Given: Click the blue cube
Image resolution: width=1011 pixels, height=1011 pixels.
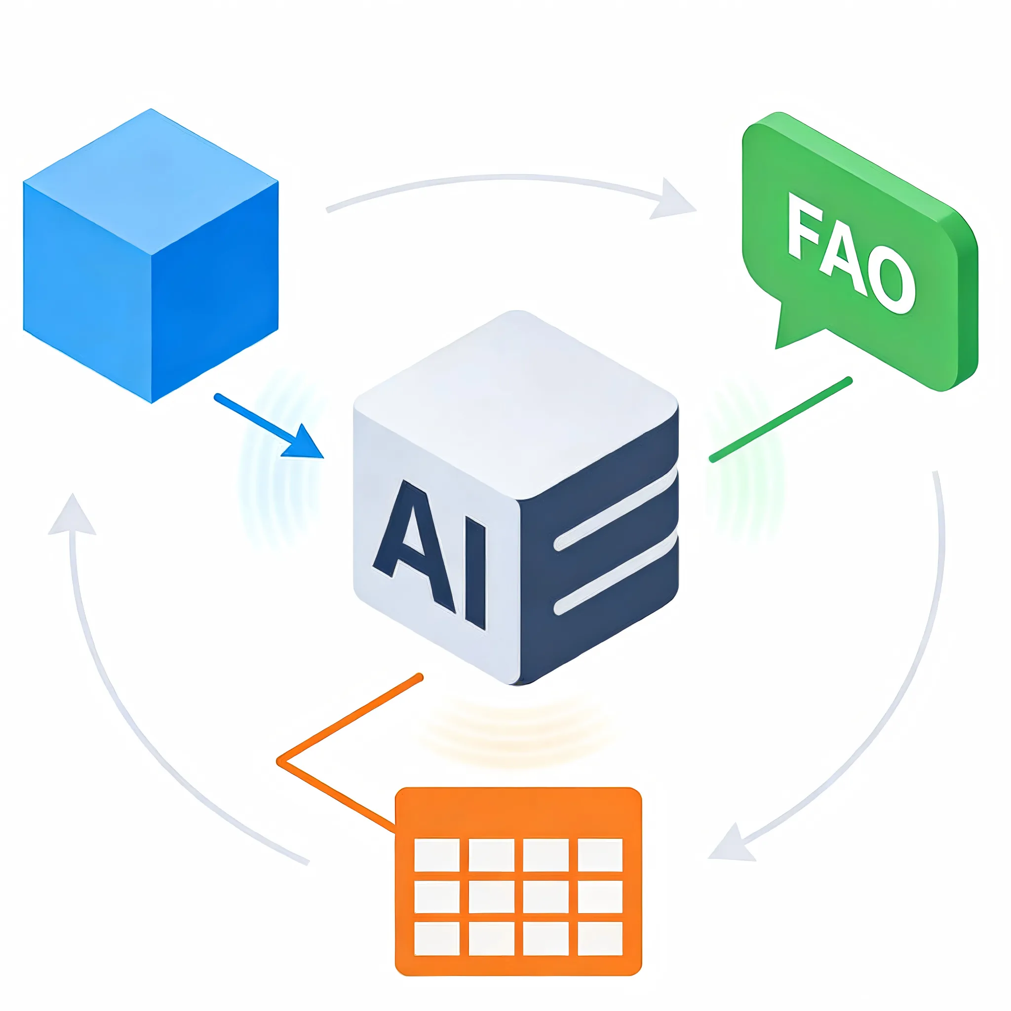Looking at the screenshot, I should [151, 256].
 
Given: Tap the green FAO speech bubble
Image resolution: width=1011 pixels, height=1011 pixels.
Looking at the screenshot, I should [858, 251].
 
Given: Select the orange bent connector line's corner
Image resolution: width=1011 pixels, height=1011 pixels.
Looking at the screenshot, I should [280, 762].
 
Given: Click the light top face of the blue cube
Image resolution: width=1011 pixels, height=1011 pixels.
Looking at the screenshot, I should [151, 181].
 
